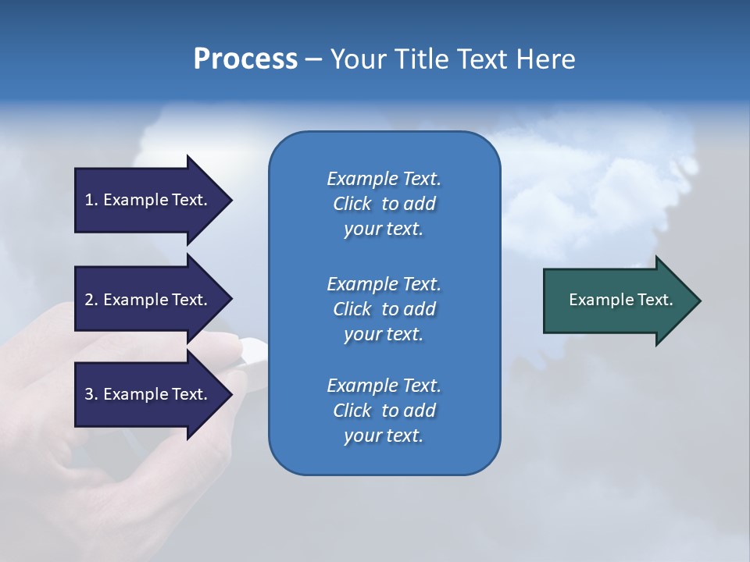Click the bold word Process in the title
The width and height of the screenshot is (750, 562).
click(245, 59)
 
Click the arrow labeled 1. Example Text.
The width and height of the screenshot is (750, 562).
click(148, 200)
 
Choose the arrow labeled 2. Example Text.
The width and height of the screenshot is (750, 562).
click(148, 300)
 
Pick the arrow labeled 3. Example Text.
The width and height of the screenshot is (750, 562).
click(148, 394)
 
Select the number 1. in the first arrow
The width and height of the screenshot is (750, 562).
click(91, 200)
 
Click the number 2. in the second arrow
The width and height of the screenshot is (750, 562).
click(91, 300)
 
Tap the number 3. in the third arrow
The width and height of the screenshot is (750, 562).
click(91, 394)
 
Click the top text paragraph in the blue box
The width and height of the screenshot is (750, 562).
click(384, 204)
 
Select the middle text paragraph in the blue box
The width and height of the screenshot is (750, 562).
click(384, 309)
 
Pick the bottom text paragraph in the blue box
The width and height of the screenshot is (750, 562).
click(384, 411)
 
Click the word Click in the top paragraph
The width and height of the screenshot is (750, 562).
click(352, 204)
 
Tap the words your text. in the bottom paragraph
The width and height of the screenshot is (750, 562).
click(384, 436)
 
